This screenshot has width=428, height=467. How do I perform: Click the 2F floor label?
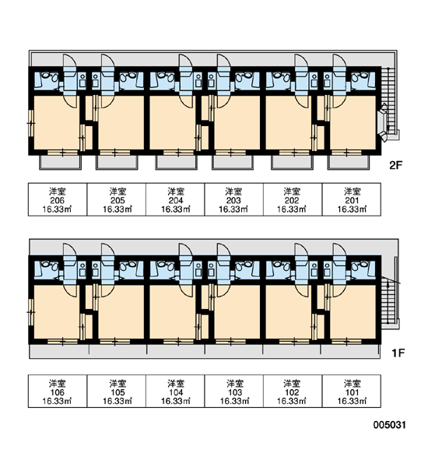[396, 165]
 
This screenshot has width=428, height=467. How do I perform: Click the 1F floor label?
[398, 353]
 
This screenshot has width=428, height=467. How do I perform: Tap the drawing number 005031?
[390, 425]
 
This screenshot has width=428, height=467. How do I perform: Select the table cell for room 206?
[58, 199]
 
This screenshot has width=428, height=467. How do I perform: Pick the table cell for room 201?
[352, 199]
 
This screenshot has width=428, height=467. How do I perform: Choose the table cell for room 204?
[175, 199]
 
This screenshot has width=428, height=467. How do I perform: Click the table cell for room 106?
[58, 391]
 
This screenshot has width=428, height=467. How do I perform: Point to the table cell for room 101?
[352, 391]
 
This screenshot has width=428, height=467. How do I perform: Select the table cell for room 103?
[233, 391]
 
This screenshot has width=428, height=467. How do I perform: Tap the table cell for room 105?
[117, 391]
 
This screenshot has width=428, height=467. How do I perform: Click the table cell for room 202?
[293, 199]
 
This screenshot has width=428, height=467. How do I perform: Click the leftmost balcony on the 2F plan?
[61, 163]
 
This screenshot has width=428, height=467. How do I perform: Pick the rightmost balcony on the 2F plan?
[349, 163]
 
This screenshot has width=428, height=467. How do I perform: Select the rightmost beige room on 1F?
[353, 312]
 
